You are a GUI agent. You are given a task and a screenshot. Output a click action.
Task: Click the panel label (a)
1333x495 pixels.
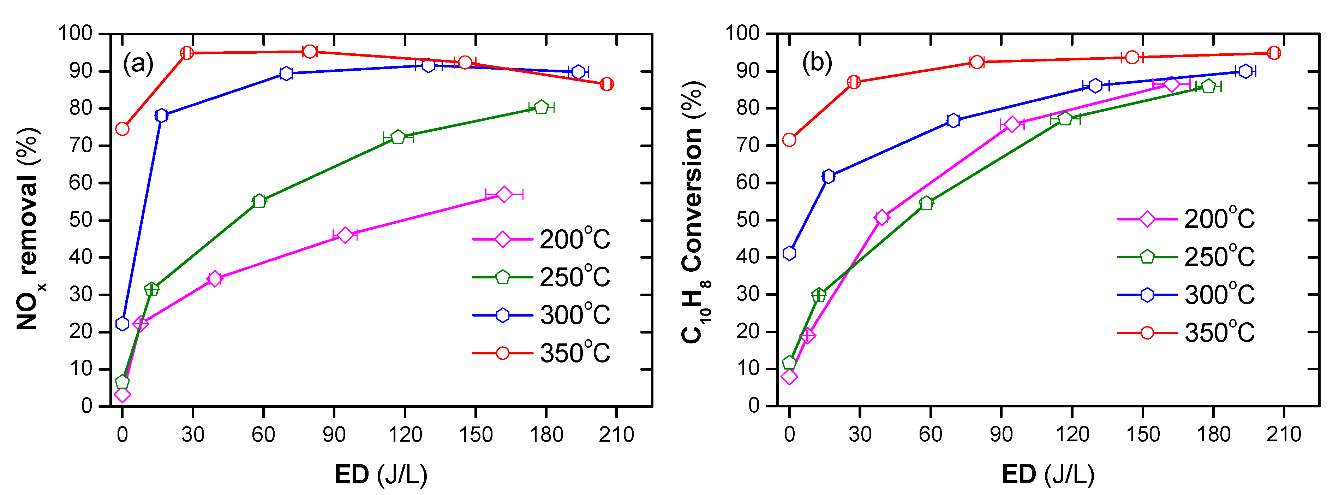[138, 64]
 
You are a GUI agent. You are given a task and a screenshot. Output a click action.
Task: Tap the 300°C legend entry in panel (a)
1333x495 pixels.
[541, 315]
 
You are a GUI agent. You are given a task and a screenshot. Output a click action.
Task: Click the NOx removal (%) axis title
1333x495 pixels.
[29, 228]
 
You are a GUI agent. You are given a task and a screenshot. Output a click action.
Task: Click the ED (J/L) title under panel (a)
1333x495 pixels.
[381, 474]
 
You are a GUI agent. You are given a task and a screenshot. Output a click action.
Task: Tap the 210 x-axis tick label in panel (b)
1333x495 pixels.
[1283, 434]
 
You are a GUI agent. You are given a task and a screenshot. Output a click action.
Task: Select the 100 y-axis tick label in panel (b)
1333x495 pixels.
[742, 33]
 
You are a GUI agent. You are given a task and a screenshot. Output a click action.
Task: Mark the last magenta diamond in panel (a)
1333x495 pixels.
[504, 194]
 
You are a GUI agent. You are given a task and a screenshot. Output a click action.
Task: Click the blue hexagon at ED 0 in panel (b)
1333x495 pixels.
[789, 253]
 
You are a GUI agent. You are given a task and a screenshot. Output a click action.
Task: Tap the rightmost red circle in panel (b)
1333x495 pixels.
[1273, 53]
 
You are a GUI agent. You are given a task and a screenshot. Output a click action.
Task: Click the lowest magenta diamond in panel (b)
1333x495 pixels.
[789, 376]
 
